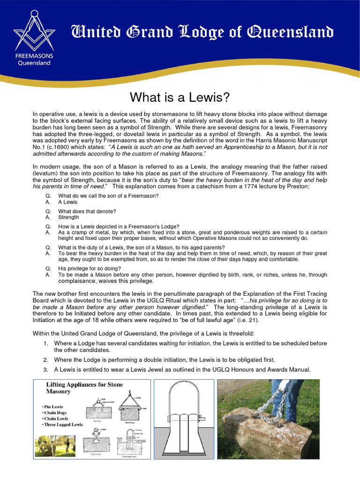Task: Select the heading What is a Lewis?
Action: tap(180, 97)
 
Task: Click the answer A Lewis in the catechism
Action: tap(67, 202)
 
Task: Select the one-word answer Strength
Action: tap(68, 217)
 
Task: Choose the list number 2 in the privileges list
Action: tap(45, 360)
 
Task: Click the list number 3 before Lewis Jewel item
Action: tap(45, 370)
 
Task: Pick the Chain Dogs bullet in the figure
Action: tap(57, 412)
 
